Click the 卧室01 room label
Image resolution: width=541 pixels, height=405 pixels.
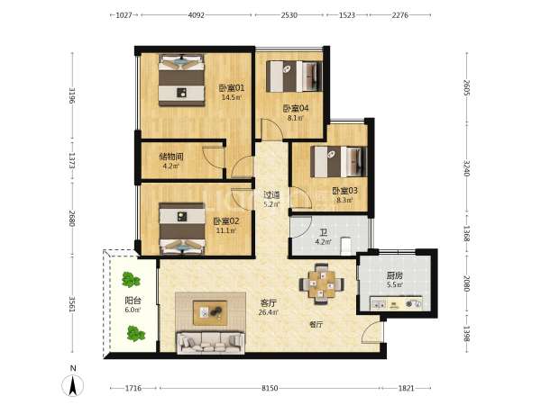(x=232, y=88)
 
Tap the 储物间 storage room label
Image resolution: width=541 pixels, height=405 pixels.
(x=171, y=157)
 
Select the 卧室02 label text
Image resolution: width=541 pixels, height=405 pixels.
(x=226, y=221)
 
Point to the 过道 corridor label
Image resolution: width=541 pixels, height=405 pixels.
(x=271, y=195)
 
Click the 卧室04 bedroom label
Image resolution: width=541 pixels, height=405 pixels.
(x=296, y=109)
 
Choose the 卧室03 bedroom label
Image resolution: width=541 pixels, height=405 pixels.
(x=344, y=191)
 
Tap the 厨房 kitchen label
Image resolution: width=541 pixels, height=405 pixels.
(x=395, y=275)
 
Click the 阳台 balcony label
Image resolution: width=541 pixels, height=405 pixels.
(x=133, y=301)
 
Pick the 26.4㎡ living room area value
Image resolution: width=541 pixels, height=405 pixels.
(x=269, y=312)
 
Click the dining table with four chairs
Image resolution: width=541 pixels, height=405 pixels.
(x=322, y=284)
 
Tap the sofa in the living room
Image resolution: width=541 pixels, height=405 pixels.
(x=210, y=342)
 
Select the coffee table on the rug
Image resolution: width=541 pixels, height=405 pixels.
(x=210, y=312)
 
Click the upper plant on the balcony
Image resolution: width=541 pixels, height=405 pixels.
(x=131, y=280)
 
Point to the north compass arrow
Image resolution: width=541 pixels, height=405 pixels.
(x=73, y=386)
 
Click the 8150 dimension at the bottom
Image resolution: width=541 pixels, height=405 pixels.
(x=270, y=388)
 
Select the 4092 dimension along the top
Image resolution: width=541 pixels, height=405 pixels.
(x=197, y=15)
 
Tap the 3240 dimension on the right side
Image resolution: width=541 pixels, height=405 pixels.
(x=466, y=168)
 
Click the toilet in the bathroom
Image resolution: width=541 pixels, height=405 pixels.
(x=346, y=247)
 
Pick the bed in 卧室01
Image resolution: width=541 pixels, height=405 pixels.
(x=181, y=80)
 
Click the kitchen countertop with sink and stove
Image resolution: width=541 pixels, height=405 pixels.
(x=396, y=303)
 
